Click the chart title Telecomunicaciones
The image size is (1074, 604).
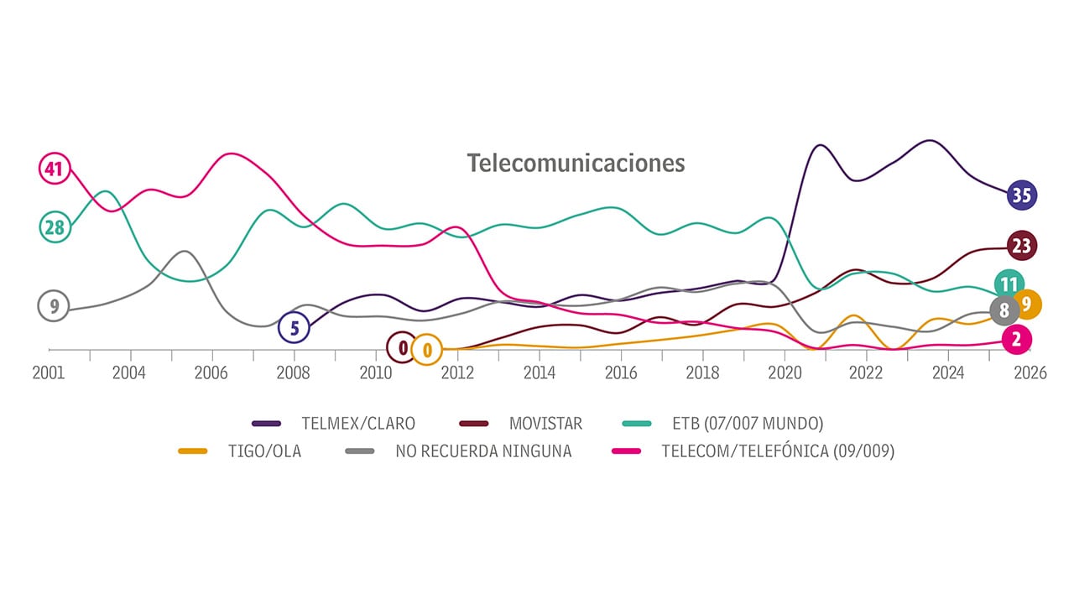tap(576, 163)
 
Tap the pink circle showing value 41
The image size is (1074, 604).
tap(55, 169)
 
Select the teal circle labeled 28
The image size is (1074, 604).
tap(55, 226)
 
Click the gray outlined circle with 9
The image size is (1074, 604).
tap(55, 306)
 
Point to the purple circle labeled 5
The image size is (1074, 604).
tap(295, 328)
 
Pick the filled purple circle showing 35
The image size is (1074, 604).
tap(1021, 195)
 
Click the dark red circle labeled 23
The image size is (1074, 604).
tap(1021, 246)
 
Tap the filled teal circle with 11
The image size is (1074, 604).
tap(1009, 284)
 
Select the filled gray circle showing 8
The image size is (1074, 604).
tap(1004, 311)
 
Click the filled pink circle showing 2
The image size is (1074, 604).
tap(1017, 340)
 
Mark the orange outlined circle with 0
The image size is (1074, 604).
tap(427, 349)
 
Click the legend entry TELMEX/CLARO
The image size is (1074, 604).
tap(358, 424)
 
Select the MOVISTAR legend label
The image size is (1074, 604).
tap(545, 424)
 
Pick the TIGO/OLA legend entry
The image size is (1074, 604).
tap(264, 451)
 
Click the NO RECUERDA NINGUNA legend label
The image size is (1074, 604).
tap(483, 451)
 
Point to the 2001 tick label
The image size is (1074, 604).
tap(49, 374)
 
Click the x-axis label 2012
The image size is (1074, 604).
tap(457, 374)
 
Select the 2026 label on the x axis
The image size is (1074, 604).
tap(1030, 374)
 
